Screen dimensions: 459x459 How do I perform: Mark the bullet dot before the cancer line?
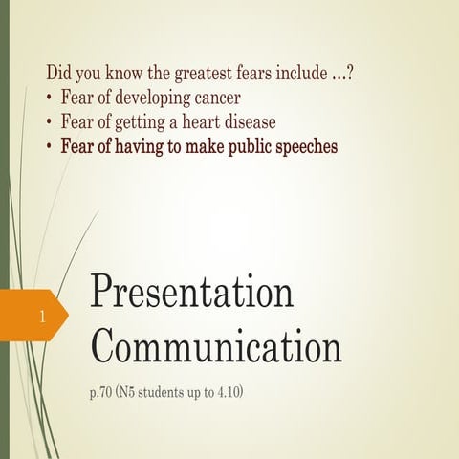coord(49,98)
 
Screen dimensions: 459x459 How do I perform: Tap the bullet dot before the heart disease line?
coord(49,123)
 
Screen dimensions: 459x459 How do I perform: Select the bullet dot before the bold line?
coord(49,148)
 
